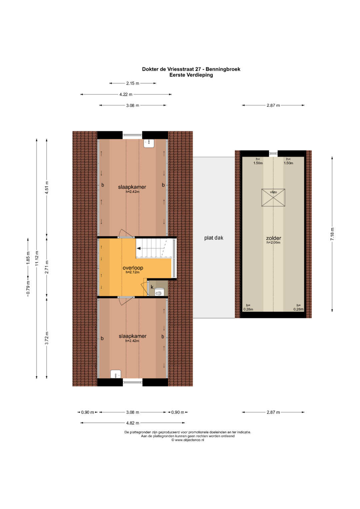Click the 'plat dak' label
214,238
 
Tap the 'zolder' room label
273,238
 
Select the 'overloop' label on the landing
133,268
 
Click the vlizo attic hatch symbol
273,197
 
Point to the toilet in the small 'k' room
159,292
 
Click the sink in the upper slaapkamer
149,143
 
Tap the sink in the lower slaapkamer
116,374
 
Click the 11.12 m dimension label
37,258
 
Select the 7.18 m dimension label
332,234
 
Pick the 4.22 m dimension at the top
126,94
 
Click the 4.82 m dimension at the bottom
133,423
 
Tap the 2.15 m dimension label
133,83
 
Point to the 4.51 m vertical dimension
47,187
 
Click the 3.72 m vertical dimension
47,338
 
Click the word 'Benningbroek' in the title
223,69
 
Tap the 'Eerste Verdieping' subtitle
191,75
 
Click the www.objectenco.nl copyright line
188,440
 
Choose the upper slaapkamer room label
132,187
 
